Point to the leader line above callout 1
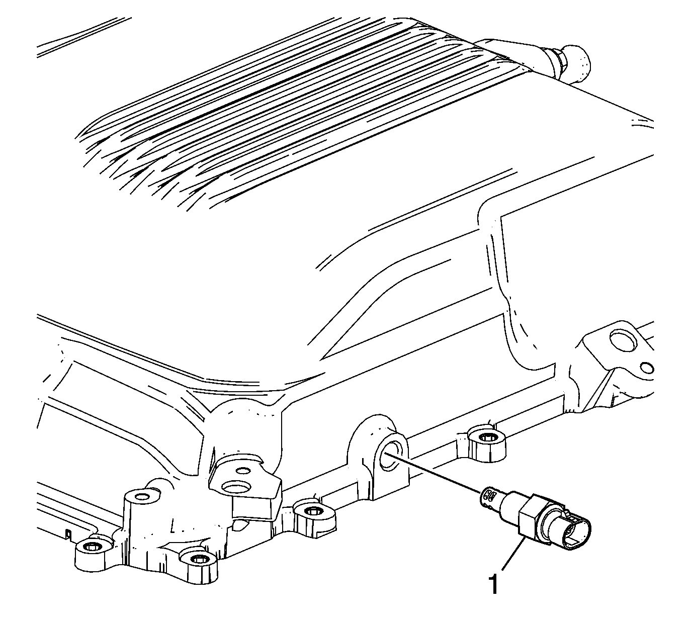click(x=514, y=552)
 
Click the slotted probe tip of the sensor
click(x=488, y=498)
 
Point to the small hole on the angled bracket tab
click(x=242, y=471)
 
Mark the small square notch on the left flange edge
click(x=68, y=535)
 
